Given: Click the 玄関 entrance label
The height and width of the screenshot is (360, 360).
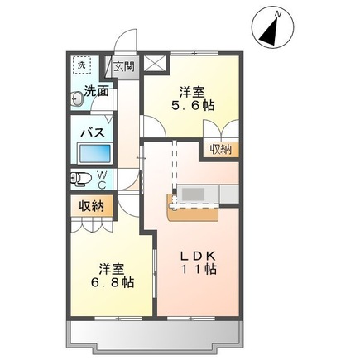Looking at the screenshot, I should click(123, 66).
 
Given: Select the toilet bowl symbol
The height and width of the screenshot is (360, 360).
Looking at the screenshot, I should click(81, 178).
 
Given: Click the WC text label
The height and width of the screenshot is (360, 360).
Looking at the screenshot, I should click(101, 179).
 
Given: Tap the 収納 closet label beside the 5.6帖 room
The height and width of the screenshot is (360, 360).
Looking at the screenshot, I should click(220, 149).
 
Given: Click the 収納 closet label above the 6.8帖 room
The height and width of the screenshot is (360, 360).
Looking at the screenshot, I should click(91, 205).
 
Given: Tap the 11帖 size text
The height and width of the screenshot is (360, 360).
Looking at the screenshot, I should click(199, 269).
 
